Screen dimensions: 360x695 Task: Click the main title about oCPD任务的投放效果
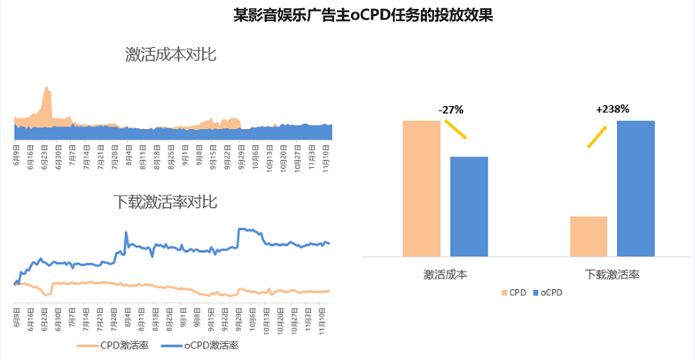tap(363, 15)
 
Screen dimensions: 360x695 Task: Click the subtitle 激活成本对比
tap(171, 54)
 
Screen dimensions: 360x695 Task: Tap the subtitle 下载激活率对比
tap(165, 202)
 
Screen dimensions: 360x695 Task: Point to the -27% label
tap(451, 109)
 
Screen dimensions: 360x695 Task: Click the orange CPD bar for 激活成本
tap(421, 188)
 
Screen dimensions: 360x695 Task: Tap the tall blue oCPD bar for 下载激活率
tap(635, 188)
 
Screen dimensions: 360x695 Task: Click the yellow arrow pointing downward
tap(456, 129)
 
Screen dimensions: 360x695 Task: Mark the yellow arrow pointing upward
tap(597, 137)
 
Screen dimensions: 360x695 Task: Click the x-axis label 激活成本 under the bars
tap(445, 274)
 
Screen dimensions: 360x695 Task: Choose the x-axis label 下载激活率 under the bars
tap(612, 274)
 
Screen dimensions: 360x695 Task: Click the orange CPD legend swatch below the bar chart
tap(504, 292)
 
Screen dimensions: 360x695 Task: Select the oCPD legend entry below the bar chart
tap(550, 292)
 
